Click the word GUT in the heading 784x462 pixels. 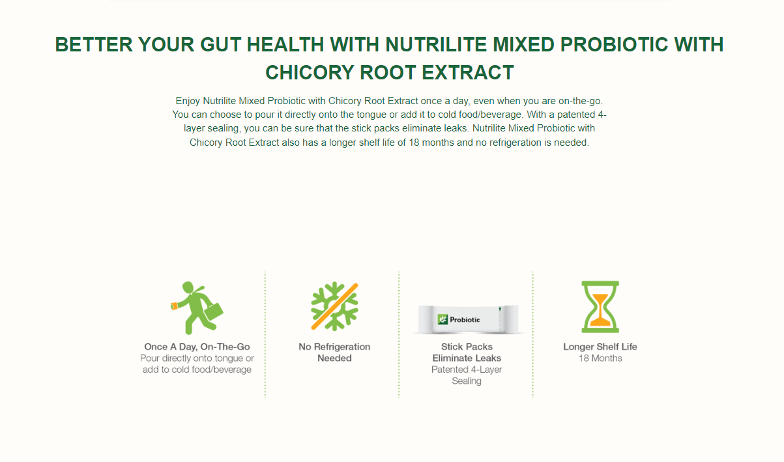pyautogui.click(x=220, y=45)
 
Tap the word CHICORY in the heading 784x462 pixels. pyautogui.click(x=310, y=73)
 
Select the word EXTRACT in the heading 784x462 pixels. pyautogui.click(x=468, y=73)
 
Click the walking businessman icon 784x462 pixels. pyautogui.click(x=197, y=308)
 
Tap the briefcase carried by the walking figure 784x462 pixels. pyautogui.click(x=213, y=312)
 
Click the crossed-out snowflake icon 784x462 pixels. pyautogui.click(x=334, y=306)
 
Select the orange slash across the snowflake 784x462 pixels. pyautogui.click(x=334, y=306)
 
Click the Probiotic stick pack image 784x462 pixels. pyautogui.click(x=468, y=319)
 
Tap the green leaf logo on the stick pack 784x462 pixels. pyautogui.click(x=443, y=319)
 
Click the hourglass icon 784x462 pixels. pyautogui.click(x=600, y=307)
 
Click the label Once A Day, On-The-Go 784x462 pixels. pyautogui.click(x=197, y=347)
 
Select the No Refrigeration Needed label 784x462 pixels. pyautogui.click(x=334, y=352)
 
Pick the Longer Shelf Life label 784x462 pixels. pyautogui.click(x=600, y=347)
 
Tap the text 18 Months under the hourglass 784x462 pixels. pyautogui.click(x=600, y=358)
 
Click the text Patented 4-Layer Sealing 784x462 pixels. pyautogui.click(x=467, y=375)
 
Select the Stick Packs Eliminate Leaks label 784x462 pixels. pyautogui.click(x=467, y=352)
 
